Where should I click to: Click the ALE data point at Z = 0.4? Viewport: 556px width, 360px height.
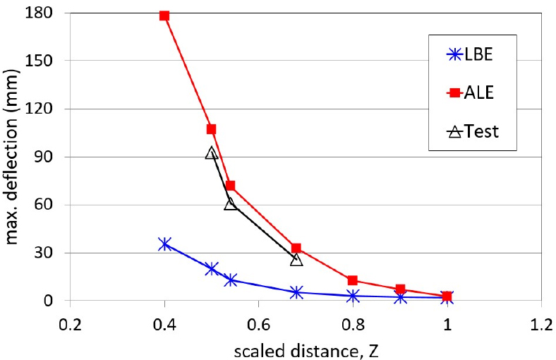pos(164,16)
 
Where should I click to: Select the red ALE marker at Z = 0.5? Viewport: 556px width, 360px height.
pos(211,129)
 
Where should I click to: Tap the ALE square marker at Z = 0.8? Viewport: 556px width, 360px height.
pos(353,280)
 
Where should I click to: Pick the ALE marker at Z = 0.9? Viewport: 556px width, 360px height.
pos(400,289)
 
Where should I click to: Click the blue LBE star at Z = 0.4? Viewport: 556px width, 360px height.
pos(164,244)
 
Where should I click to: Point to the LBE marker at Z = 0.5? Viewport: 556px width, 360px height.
pos(211,268)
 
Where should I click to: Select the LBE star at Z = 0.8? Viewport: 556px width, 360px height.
pos(353,296)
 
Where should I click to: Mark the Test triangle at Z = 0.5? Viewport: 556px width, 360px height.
pos(211,152)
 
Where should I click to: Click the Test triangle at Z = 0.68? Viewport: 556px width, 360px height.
pos(296,259)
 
